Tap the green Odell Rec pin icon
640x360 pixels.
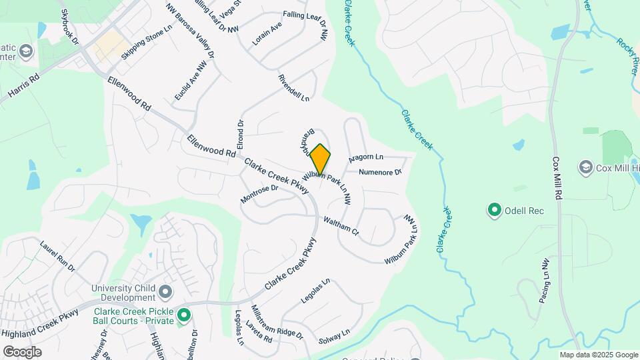click(495, 211)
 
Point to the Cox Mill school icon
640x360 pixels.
click(586, 167)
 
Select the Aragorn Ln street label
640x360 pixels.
click(366, 158)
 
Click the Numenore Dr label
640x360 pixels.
click(380, 172)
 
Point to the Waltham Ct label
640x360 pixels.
click(341, 226)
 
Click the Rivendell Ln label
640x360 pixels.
click(293, 88)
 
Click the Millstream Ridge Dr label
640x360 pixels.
click(276, 321)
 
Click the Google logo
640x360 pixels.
click(21, 351)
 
